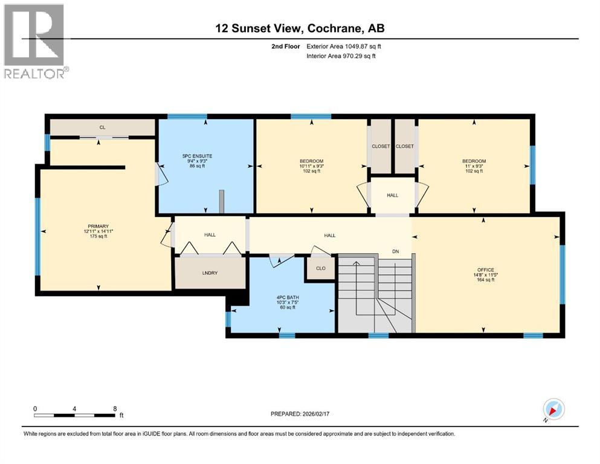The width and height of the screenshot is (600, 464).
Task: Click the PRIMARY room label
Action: [x=98, y=227]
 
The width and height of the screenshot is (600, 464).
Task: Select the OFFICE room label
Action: [x=485, y=269]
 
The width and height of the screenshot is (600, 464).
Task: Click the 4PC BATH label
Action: [x=282, y=297]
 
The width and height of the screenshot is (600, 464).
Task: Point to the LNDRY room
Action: [x=210, y=273]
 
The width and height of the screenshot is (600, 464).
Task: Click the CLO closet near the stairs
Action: [x=320, y=268]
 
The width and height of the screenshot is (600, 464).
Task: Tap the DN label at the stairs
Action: [x=395, y=251]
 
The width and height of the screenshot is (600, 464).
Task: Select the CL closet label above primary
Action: [x=103, y=127]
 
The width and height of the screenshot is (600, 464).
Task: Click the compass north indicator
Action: [x=553, y=410]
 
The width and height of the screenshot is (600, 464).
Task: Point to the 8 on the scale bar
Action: [x=114, y=408]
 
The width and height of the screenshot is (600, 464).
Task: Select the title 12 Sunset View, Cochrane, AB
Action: [x=300, y=28]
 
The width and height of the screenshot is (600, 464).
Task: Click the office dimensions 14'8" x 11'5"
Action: [x=485, y=275]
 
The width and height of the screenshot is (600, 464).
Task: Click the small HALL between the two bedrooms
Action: [x=393, y=195]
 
